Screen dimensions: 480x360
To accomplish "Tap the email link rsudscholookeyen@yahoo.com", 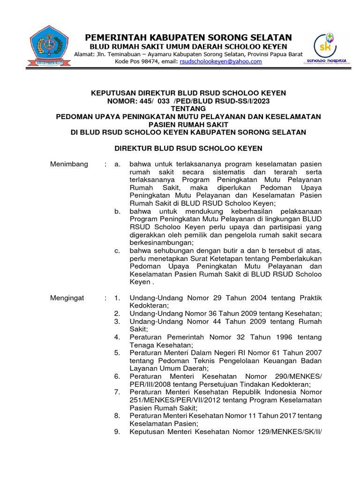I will (x=220, y=61).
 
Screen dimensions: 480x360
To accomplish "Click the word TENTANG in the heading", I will (x=188, y=108).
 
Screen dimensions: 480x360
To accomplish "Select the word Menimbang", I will (x=69, y=164).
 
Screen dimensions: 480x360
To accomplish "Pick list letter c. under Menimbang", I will (x=117, y=251).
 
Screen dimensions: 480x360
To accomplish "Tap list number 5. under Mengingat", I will (x=117, y=352).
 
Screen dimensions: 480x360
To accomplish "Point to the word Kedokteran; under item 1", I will (x=149, y=305).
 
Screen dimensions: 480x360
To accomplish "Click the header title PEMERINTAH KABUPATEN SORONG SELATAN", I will (x=187, y=37).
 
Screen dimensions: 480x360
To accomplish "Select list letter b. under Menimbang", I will (x=117, y=212).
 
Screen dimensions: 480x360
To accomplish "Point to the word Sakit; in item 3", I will (x=138, y=329).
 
